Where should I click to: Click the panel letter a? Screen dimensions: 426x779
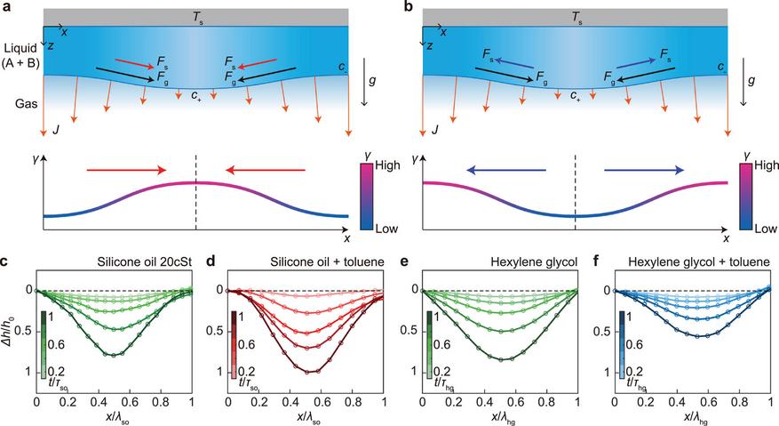5,6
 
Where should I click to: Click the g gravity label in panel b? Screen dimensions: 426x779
751,79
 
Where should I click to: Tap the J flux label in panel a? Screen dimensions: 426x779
56,131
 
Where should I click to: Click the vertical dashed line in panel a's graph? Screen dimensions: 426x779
195,196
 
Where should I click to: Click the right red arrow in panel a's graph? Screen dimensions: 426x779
266,168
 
